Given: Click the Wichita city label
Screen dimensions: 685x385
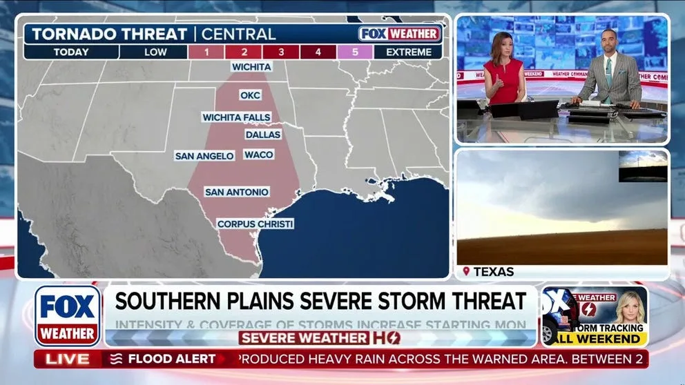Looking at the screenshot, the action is click(x=251, y=67).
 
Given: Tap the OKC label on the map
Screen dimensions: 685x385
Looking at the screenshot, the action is click(x=250, y=95).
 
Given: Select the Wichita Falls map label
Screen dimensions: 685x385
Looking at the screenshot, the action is click(x=236, y=117).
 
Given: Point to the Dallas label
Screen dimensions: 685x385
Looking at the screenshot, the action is click(x=263, y=135).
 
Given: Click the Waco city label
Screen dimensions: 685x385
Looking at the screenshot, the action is click(x=259, y=155).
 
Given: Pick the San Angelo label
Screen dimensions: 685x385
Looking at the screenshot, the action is click(x=204, y=156).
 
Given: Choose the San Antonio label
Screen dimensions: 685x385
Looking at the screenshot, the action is click(x=237, y=192).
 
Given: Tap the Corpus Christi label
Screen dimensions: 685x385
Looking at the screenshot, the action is click(x=255, y=224).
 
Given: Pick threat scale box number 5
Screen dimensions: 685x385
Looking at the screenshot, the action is click(x=355, y=52).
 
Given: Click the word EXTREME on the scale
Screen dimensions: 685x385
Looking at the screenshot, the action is click(x=409, y=52).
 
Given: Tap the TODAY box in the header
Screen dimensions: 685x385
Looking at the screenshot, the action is click(x=70, y=52).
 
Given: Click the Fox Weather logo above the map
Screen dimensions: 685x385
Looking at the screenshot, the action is click(x=399, y=33).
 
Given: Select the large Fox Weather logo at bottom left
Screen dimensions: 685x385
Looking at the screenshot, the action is click(x=68, y=315).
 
